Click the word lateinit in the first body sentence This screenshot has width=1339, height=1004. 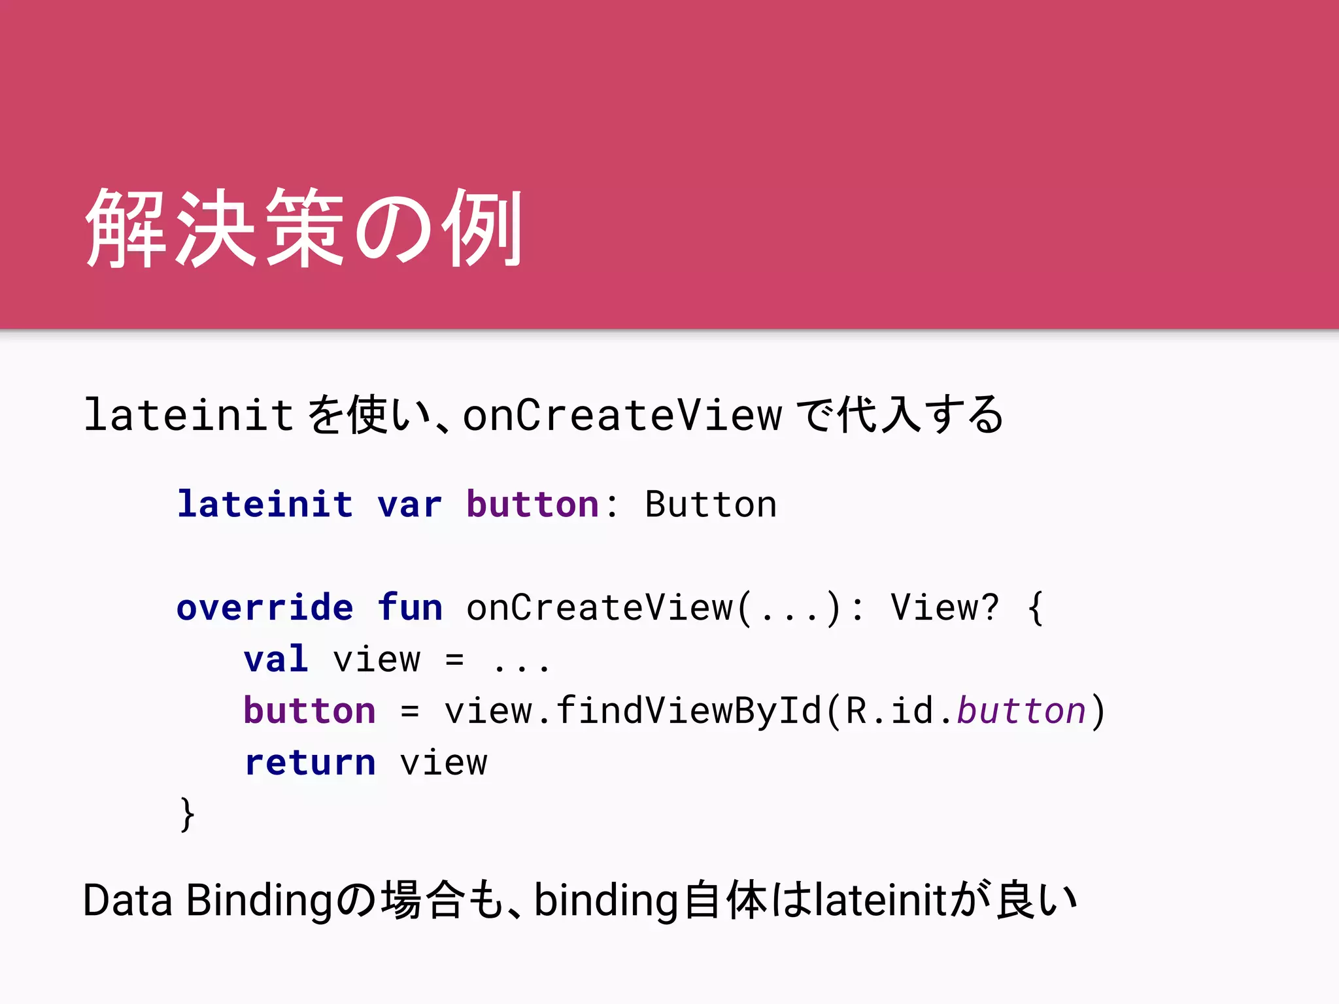[189, 415]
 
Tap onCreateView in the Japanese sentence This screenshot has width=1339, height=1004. [622, 415]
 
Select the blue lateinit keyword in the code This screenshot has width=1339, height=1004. [265, 504]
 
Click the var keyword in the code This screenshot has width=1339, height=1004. [409, 504]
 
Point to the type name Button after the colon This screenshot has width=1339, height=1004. [711, 504]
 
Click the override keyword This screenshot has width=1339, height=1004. [265, 607]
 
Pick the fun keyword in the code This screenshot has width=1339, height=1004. [410, 607]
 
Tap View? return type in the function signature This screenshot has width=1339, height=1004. [945, 607]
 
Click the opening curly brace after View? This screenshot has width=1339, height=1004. [1036, 609]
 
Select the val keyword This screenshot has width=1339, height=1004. [276, 659]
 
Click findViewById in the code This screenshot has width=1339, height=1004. [688, 711]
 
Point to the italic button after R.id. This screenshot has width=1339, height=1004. [1021, 711]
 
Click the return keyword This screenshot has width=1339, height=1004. [310, 762]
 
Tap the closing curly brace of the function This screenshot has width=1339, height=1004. [187, 814]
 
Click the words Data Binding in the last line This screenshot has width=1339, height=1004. [208, 901]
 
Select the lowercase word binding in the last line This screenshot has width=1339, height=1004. [605, 901]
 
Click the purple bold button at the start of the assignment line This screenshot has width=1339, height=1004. [310, 711]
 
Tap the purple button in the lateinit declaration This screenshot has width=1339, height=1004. [532, 504]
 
